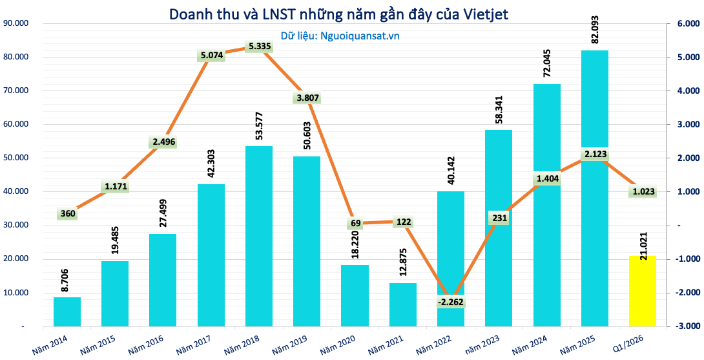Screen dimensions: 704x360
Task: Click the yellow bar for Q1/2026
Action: click(643, 291)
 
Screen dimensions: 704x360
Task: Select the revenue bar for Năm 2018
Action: click(258, 236)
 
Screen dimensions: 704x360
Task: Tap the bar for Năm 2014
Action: click(67, 312)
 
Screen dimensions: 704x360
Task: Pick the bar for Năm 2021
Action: click(403, 304)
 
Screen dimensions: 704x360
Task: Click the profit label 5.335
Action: click(258, 47)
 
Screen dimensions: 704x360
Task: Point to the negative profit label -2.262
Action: click(451, 301)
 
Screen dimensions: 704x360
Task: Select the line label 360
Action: click(67, 214)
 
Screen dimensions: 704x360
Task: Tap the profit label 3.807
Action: click(307, 98)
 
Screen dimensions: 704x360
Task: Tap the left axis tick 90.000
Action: click(14, 23)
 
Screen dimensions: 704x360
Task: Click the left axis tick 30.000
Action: click(14, 225)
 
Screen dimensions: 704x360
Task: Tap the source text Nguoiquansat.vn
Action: click(360, 36)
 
